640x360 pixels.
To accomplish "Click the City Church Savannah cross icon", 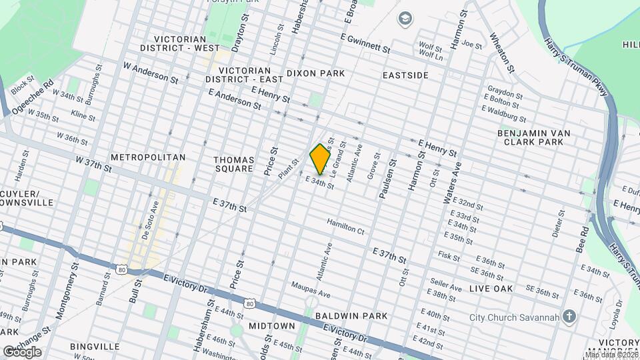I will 569,316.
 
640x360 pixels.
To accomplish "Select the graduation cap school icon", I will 403,18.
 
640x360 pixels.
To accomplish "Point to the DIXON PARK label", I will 316,73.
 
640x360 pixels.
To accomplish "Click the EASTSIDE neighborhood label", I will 405,75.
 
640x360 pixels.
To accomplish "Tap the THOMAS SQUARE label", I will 234,164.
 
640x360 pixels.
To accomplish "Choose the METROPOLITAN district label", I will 148,157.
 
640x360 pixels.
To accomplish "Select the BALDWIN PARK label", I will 351,315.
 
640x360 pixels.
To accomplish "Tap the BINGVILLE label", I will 94,347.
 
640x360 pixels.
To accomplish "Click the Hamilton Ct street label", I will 345,227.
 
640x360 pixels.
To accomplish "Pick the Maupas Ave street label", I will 311,289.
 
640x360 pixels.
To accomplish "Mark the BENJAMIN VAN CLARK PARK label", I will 534,137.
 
